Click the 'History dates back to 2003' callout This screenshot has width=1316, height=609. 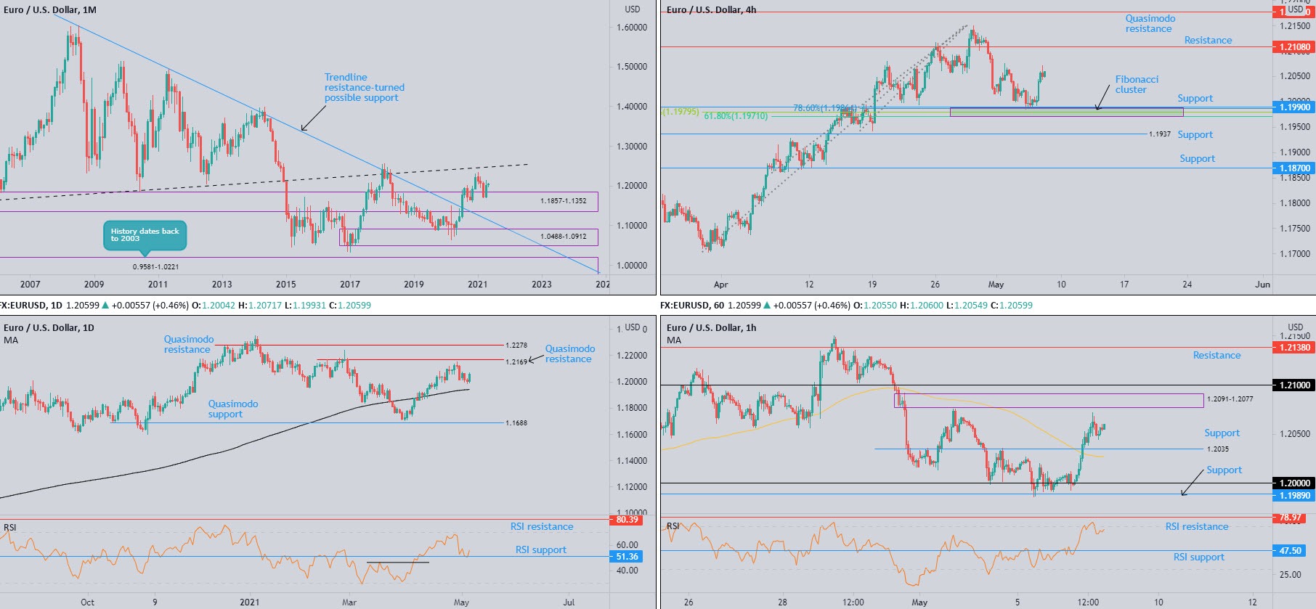pos(145,234)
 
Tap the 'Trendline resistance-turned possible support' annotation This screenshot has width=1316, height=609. pos(364,88)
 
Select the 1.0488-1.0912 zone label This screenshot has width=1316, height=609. pos(563,237)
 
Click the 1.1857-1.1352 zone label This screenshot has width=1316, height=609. pos(563,201)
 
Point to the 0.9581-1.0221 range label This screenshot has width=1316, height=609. pos(155,267)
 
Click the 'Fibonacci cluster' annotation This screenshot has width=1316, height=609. pos(1136,85)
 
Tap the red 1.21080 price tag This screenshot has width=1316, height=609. pos(1294,47)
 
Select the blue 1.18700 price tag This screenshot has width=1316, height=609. pos(1294,168)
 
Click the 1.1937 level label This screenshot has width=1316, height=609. pos(1159,134)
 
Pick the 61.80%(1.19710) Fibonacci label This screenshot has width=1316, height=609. pos(735,116)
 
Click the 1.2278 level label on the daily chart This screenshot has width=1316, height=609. pos(516,346)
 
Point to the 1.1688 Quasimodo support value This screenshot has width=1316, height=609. pos(516,423)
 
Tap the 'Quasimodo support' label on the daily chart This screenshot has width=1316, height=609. pos(232,409)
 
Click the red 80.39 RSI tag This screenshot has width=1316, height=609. pos(627,520)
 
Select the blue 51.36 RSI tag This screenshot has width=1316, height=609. pos(627,557)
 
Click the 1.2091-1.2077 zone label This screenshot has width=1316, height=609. pos(1230,399)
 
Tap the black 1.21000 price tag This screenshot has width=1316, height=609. pos(1294,385)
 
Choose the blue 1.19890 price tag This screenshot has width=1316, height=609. pos(1294,496)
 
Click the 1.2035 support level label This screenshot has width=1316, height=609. pos(1217,449)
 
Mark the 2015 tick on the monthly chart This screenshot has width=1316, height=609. pos(286,285)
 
